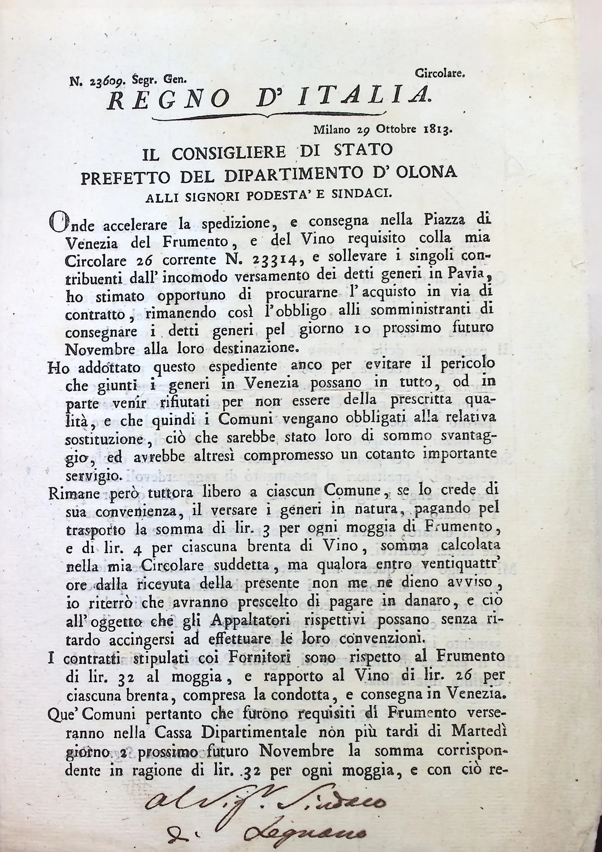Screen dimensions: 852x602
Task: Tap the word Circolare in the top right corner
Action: [x=440, y=74]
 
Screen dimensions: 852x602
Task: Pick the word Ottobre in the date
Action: [x=396, y=129]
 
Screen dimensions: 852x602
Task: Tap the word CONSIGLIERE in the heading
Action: [x=229, y=152]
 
